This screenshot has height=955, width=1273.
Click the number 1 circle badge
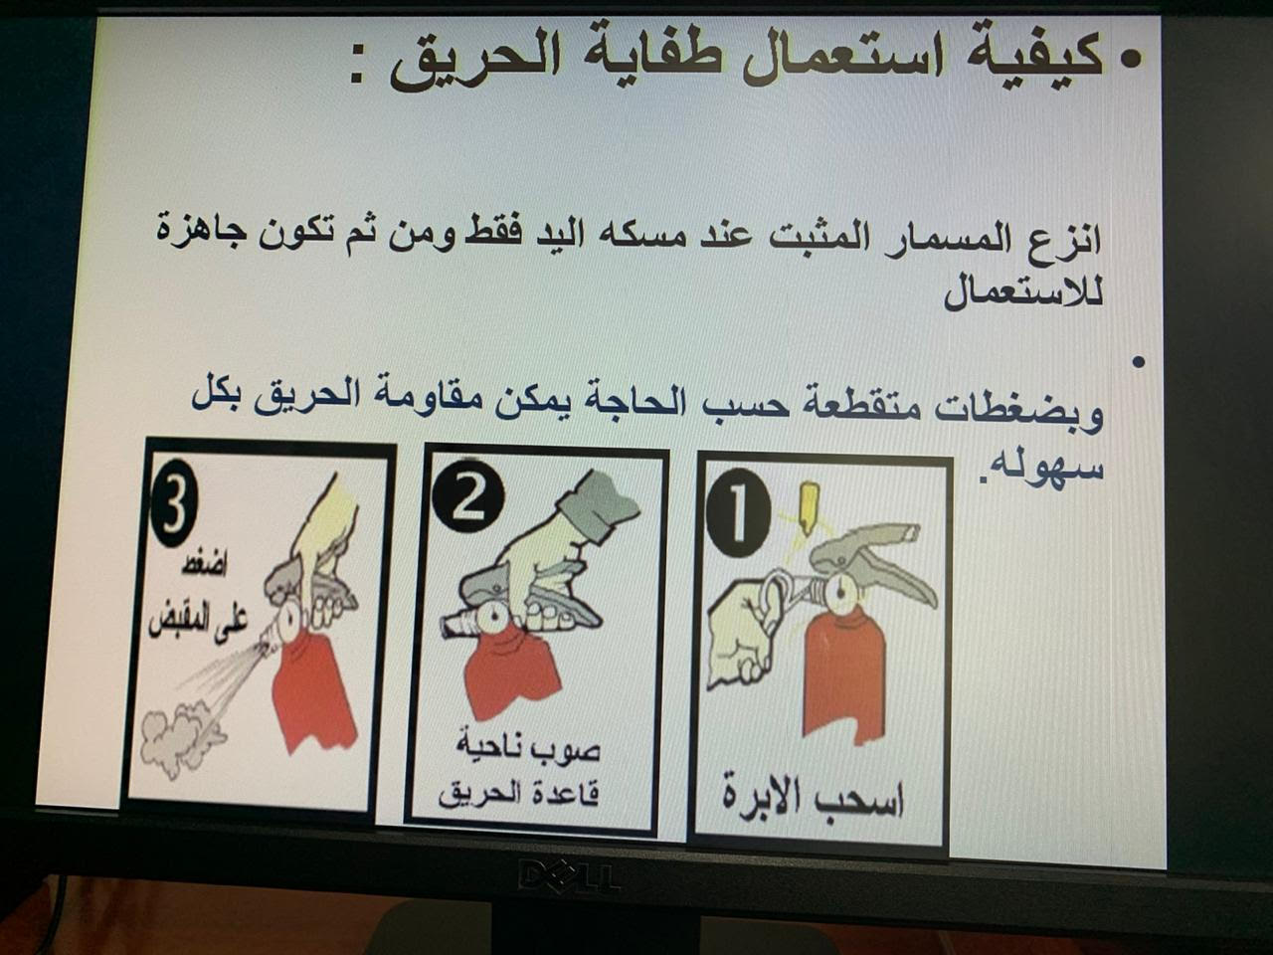738,513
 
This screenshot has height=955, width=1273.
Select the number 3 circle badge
174,499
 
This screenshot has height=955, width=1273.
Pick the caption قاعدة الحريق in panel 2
518,793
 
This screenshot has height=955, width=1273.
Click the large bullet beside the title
1129,62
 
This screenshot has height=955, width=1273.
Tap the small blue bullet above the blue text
1138,362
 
